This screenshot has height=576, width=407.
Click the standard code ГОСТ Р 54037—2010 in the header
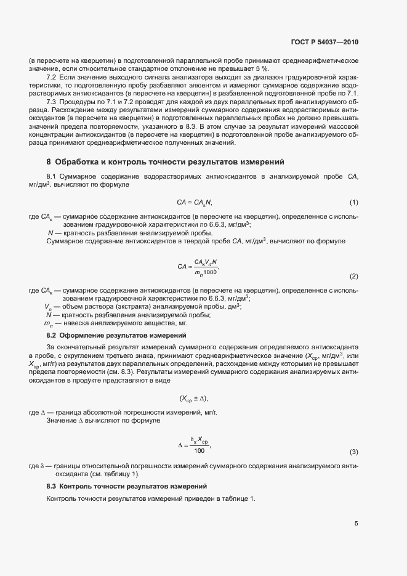[x=324, y=42]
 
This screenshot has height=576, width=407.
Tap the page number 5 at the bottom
[x=357, y=524]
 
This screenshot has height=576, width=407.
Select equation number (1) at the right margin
[x=354, y=202]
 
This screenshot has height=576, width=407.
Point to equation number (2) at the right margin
[x=354, y=275]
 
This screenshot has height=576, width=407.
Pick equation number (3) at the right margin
[x=354, y=452]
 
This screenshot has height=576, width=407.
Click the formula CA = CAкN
[x=195, y=202]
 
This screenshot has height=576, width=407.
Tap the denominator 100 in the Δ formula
[x=199, y=451]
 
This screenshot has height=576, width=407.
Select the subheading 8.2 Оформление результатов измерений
[x=116, y=335]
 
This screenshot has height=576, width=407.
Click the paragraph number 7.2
[x=52, y=78]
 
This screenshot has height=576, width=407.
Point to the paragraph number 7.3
[x=52, y=101]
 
